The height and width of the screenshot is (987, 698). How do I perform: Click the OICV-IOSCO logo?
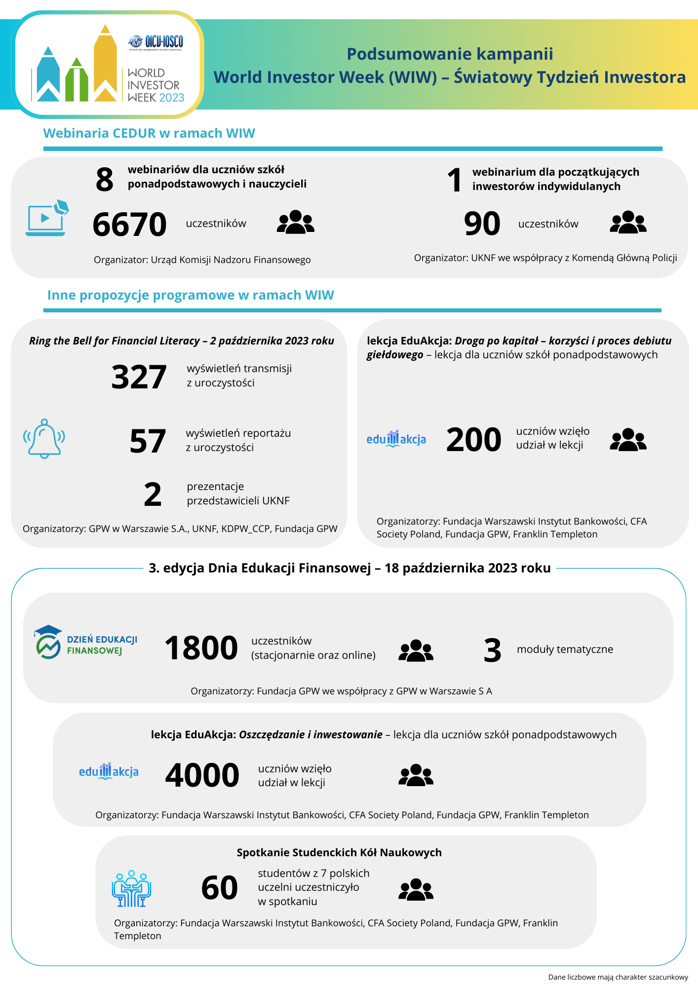tap(156, 42)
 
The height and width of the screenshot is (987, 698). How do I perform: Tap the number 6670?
tap(130, 224)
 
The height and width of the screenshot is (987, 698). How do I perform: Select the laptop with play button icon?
tap(46, 219)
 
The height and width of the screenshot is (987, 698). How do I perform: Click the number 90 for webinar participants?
tap(482, 224)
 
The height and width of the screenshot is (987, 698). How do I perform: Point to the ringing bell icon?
tap(44, 439)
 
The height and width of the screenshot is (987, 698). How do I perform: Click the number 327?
tap(139, 377)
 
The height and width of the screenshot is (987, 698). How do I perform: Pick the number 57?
tap(147, 441)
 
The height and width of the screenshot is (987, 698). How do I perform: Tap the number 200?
tap(473, 439)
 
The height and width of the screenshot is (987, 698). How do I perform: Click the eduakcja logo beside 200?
tap(396, 439)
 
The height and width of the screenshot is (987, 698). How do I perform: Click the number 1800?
tap(201, 648)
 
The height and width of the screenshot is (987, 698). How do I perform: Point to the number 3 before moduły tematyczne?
tap(492, 650)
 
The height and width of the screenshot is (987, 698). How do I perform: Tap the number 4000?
tap(202, 775)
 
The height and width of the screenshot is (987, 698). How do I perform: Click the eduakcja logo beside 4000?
tap(109, 771)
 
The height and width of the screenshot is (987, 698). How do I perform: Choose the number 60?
tap(220, 888)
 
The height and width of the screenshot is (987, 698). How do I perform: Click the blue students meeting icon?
tap(131, 888)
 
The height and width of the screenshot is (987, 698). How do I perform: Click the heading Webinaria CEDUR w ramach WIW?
tap(149, 133)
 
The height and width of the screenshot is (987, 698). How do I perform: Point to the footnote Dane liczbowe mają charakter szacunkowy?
tap(618, 977)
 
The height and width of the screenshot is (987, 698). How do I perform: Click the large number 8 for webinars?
tap(105, 179)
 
